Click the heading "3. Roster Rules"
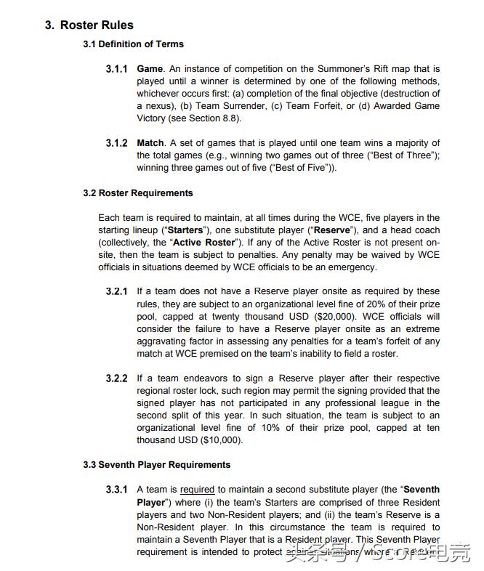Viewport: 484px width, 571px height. (x=89, y=25)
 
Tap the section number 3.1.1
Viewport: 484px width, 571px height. (x=116, y=69)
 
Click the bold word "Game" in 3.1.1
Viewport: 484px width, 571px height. (x=150, y=69)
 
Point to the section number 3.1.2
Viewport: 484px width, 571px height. (x=116, y=143)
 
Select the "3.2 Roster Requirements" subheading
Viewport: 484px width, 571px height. (x=138, y=193)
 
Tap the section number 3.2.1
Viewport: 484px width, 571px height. (x=116, y=292)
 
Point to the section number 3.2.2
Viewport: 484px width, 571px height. (x=116, y=378)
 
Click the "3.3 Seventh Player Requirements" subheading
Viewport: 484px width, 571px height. (x=156, y=465)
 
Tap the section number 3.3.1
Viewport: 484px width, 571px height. (x=116, y=490)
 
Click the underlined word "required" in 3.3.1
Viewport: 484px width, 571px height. (x=198, y=490)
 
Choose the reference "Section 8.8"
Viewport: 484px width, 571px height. (x=215, y=118)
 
